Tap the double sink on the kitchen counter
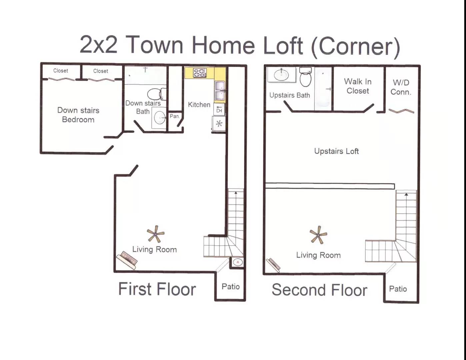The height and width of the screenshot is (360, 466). [220, 90]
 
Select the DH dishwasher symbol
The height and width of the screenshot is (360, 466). [219, 110]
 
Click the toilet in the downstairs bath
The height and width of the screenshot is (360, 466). [157, 94]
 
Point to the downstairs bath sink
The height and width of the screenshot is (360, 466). [159, 117]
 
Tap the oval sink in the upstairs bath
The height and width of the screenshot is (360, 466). [281, 74]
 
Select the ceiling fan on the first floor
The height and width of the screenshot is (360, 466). [155, 234]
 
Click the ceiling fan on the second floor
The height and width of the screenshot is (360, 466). [318, 235]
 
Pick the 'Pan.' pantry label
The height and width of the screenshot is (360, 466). [175, 116]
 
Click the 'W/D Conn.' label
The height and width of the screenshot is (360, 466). [401, 87]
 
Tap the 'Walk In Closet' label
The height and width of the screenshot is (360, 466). [358, 86]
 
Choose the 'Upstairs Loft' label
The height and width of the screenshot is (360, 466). [336, 151]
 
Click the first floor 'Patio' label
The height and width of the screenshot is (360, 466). [231, 286]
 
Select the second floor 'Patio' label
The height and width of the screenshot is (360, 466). [398, 289]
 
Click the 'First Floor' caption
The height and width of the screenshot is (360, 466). [157, 289]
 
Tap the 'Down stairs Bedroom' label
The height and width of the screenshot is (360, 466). [78, 115]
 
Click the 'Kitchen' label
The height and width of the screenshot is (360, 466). [199, 105]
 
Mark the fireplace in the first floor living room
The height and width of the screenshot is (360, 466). [127, 260]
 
